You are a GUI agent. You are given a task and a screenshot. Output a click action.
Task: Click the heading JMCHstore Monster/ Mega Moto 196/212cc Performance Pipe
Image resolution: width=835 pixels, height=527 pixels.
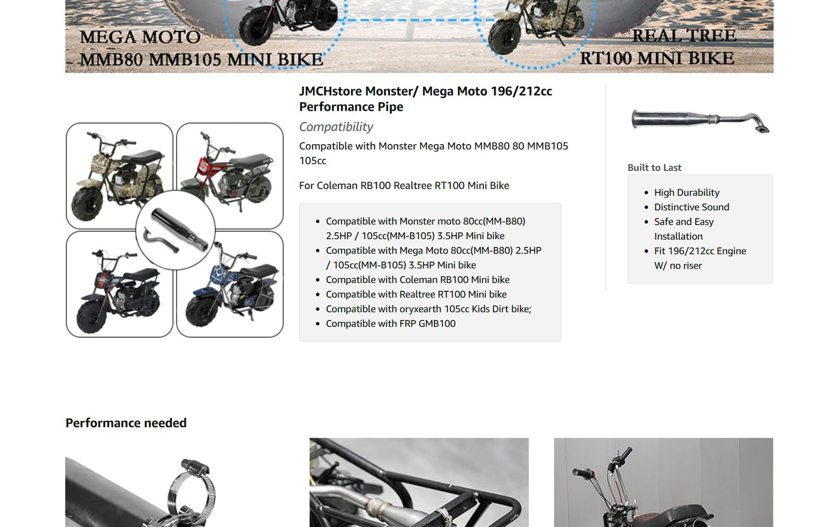coord(425,99)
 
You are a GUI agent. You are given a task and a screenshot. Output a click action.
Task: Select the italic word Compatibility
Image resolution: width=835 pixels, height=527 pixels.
coord(336,127)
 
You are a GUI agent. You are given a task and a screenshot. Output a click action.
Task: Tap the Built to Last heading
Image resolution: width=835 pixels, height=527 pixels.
coord(654,168)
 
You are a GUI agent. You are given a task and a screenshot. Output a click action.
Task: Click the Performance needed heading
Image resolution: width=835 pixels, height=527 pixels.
coord(126,423)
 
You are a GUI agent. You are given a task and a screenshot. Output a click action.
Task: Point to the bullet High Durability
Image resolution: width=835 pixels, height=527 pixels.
coord(687,192)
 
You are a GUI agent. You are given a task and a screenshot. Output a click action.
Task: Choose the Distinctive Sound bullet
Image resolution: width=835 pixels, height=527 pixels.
coord(691,207)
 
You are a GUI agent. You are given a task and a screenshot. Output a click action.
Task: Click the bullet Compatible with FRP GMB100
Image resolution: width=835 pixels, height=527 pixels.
coord(391,323)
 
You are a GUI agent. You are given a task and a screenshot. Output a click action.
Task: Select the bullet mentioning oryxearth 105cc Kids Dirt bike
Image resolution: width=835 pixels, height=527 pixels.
coord(428,309)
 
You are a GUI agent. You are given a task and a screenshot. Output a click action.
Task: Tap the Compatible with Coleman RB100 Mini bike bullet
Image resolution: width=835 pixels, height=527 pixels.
coord(417,280)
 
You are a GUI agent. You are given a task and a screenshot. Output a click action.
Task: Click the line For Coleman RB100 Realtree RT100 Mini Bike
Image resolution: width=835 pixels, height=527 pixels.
coord(404,185)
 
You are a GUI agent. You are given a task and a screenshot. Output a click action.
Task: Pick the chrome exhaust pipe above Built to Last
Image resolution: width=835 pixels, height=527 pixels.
coord(700,121)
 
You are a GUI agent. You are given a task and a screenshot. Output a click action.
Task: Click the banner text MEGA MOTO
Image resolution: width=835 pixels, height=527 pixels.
coord(140,37)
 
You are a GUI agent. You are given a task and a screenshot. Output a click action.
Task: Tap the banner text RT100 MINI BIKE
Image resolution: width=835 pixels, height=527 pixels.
coord(657,58)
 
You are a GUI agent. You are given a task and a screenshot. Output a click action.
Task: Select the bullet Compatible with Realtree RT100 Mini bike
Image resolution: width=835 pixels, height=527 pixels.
coord(416,294)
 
